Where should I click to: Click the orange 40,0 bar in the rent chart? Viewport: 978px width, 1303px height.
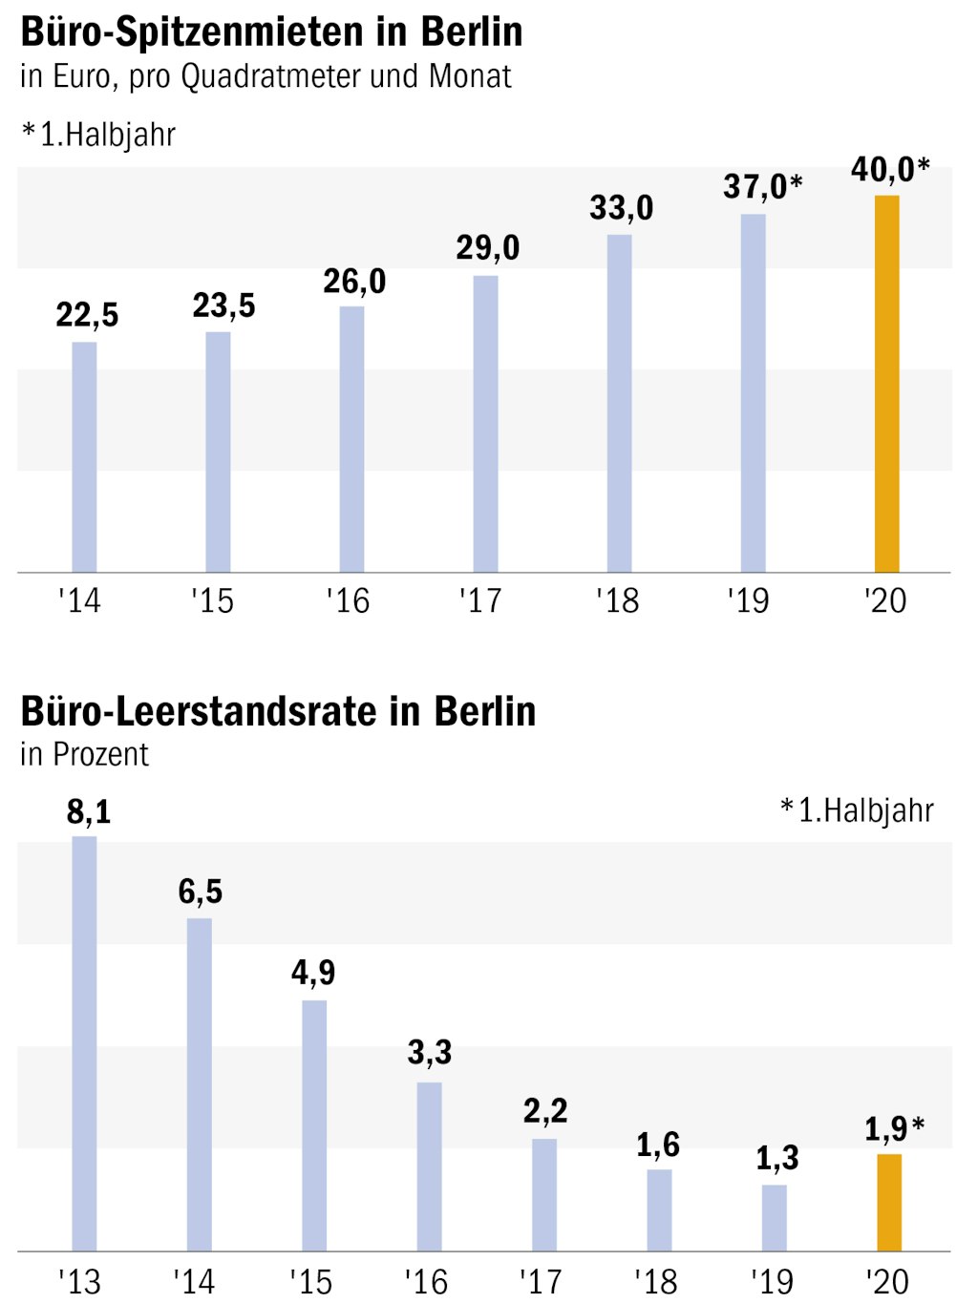point(886,384)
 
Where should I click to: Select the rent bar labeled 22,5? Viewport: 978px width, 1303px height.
point(84,456)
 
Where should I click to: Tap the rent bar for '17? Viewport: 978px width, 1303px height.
point(485,424)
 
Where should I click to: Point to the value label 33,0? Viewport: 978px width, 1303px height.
point(622,208)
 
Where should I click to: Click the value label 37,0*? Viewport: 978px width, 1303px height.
point(762,187)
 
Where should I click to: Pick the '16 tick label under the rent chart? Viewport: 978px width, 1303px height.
point(348,601)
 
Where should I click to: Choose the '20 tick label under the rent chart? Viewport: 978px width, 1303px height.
point(885,601)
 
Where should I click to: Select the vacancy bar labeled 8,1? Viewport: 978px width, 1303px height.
point(84,1043)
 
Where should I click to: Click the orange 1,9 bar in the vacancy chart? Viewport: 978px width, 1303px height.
point(889,1202)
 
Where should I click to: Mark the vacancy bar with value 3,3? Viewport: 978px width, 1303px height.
point(429,1166)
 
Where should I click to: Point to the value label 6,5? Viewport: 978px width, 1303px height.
point(201,892)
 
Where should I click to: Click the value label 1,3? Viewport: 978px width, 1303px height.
point(777,1158)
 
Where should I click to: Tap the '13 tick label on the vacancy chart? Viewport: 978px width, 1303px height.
point(79,1282)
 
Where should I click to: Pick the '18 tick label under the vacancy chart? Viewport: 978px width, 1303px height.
point(656,1282)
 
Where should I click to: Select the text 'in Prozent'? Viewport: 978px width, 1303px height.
point(84,755)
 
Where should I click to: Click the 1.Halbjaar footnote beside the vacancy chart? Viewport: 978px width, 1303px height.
point(857,810)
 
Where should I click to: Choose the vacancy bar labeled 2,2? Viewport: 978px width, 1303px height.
point(544,1194)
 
